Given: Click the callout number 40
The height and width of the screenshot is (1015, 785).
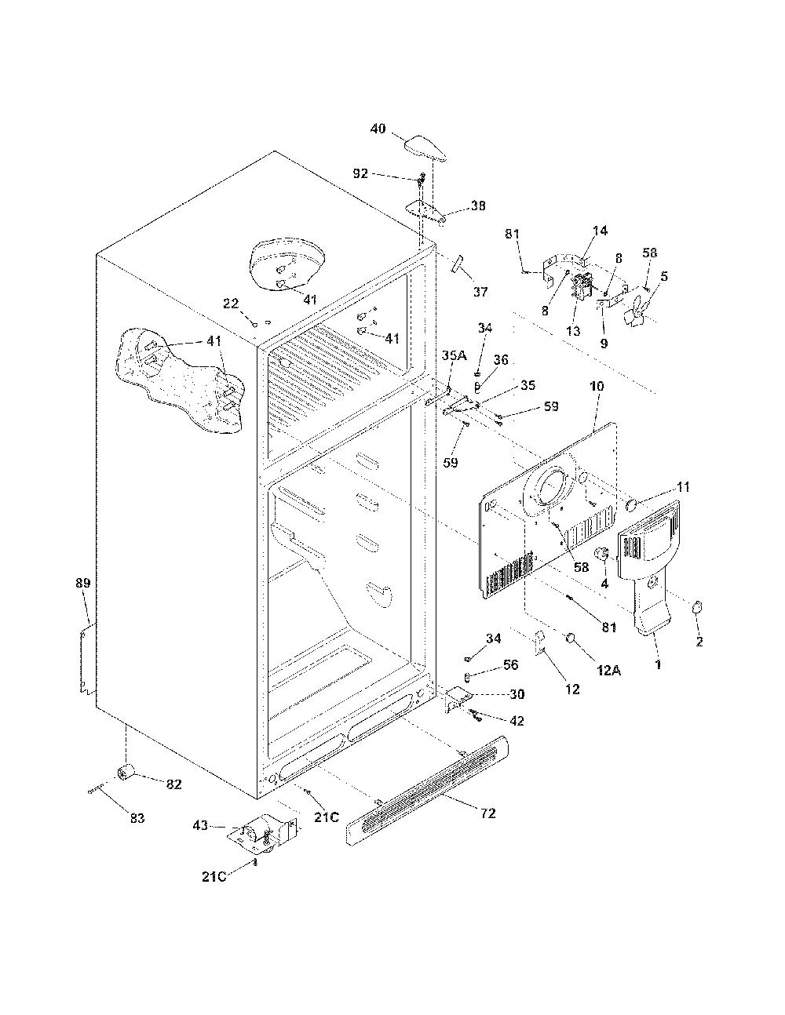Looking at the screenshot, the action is pyautogui.click(x=378, y=128).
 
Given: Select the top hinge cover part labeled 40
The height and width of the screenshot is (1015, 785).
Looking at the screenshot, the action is pyautogui.click(x=425, y=148).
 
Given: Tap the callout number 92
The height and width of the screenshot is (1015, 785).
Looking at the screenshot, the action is pyautogui.click(x=360, y=174).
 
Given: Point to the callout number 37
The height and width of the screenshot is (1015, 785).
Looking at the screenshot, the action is pyautogui.click(x=480, y=292).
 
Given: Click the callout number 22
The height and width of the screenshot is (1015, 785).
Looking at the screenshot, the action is pyautogui.click(x=231, y=304).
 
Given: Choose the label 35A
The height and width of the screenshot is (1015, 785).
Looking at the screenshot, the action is pyautogui.click(x=455, y=355).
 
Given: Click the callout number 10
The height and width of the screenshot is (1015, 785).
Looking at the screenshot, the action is pyautogui.click(x=597, y=386).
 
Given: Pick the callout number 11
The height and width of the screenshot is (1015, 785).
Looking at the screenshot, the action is pyautogui.click(x=683, y=487).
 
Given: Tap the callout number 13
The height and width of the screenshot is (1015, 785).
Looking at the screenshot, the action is pyautogui.click(x=573, y=331).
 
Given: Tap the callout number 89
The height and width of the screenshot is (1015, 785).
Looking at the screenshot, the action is pyautogui.click(x=83, y=583).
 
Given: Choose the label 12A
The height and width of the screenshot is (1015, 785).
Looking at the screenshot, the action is pyautogui.click(x=608, y=671).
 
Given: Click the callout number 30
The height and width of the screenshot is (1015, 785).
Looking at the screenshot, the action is pyautogui.click(x=517, y=694).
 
